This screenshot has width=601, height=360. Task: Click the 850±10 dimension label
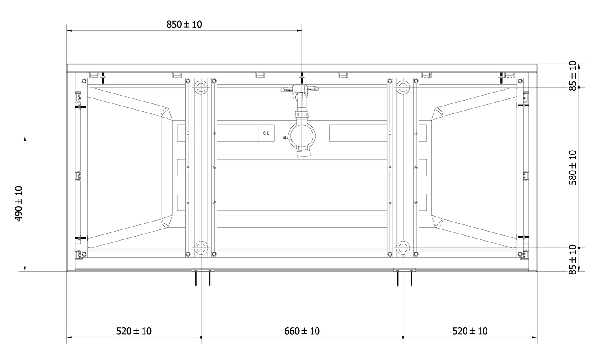tap(184, 24)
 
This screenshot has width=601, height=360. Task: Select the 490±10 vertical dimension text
tap(19, 204)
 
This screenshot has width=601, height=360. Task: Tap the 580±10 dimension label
tap(572, 167)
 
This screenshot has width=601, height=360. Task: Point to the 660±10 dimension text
tap(302, 331)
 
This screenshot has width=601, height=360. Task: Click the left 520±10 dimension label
tap(134, 331)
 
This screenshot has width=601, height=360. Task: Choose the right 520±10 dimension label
tap(470, 331)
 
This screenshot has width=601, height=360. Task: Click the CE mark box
tap(266, 133)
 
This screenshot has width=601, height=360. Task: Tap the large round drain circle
tap(302, 136)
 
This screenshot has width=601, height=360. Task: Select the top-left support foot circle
tap(201, 88)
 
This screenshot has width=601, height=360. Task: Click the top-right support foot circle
tap(403, 88)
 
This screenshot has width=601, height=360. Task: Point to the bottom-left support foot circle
tap(201, 248)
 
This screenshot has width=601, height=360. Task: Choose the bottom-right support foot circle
tap(403, 248)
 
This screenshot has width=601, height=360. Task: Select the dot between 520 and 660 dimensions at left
tap(201, 337)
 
